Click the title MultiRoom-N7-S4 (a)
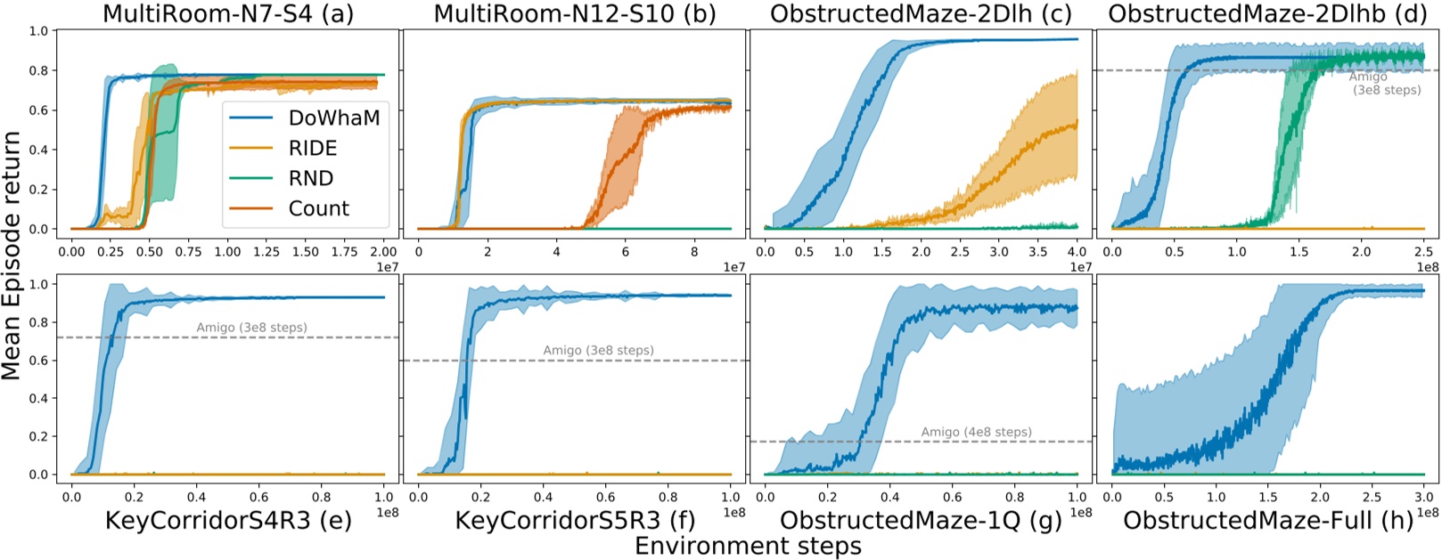226,13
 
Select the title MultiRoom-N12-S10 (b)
575,13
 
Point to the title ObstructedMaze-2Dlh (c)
921,13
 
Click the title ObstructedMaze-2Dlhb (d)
1267,13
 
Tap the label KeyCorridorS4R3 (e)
228,521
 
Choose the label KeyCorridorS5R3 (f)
575,521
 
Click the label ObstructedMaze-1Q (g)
921,521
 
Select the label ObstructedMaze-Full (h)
1267,521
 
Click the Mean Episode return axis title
12,256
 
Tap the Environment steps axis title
748,546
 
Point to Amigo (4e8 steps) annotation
976,432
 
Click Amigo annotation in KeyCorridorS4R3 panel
251,328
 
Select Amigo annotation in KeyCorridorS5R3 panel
598,350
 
